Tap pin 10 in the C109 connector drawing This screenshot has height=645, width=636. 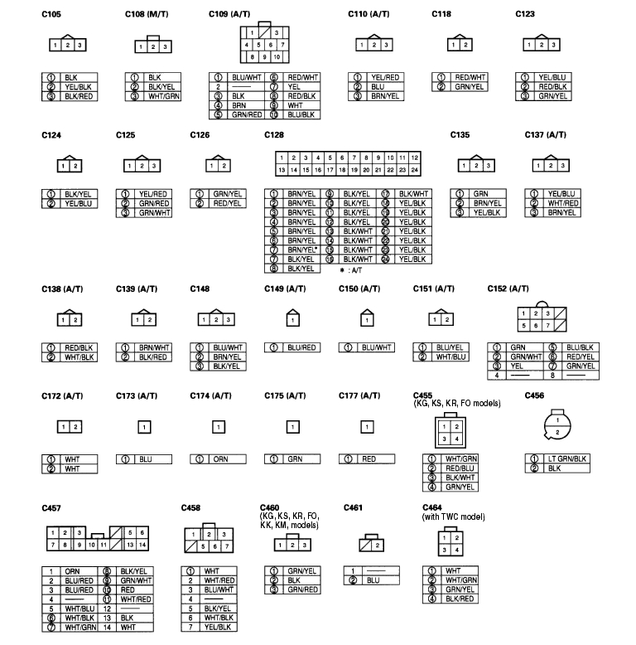pyautogui.click(x=277, y=57)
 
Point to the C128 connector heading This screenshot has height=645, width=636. pyautogui.click(x=274, y=134)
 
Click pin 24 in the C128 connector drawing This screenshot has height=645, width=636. pyautogui.click(x=415, y=169)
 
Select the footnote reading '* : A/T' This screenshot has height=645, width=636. pyautogui.click(x=351, y=270)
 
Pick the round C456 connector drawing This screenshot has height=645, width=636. pyautogui.click(x=557, y=425)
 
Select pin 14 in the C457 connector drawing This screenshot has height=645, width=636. pyautogui.click(x=142, y=545)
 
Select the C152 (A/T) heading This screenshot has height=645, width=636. pyautogui.click(x=508, y=288)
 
